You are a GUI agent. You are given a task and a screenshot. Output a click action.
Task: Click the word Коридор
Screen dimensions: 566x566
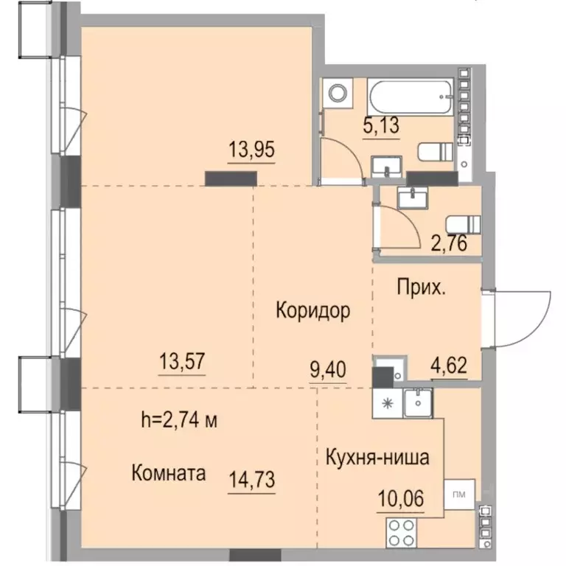pos(312,310)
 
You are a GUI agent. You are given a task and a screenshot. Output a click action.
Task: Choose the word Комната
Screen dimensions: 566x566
pos(168,472)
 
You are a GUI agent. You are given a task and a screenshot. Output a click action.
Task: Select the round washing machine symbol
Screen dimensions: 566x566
pos(338,94)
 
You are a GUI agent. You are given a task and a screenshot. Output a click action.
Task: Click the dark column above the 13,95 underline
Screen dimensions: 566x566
pos(231,178)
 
